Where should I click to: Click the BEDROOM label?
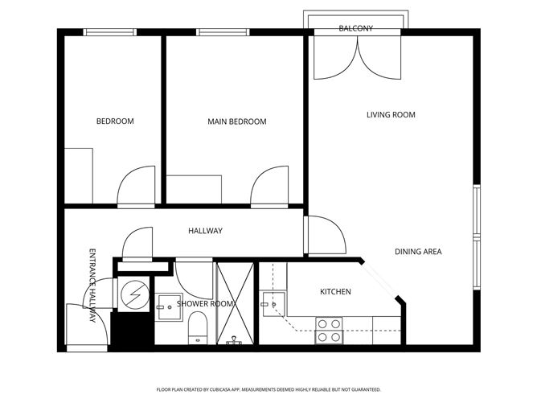coord(115,121)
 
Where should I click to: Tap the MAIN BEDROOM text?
coord(236,121)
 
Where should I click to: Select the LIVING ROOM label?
coord(391,115)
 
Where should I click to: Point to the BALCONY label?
coord(355,28)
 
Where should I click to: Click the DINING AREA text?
coord(418,252)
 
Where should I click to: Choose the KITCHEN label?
coord(335,291)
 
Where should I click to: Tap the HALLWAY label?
coord(205,231)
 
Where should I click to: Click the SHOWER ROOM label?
coord(205,303)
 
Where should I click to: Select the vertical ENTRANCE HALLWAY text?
coord(92,285)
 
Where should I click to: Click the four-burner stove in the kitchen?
coord(330,331)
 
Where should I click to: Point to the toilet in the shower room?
coord(198,331)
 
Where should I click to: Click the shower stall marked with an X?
coord(235,302)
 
